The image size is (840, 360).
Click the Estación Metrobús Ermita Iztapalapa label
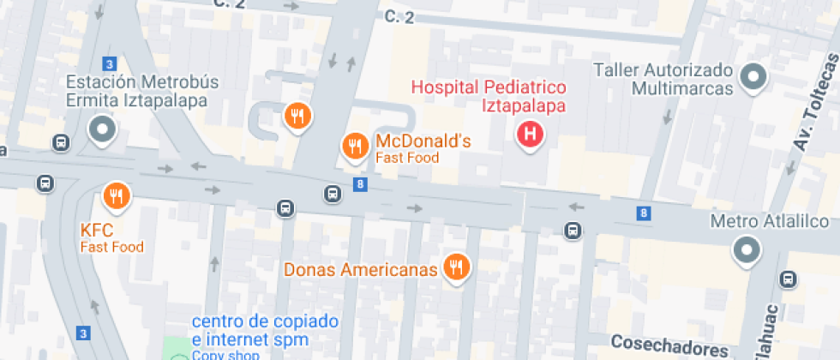tap(143, 91)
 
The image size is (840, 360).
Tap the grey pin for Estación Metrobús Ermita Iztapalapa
tap(103, 130)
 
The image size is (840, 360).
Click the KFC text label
tap(97, 231)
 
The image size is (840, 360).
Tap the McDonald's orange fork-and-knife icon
tap(355, 147)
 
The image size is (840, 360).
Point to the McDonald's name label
tap(423, 141)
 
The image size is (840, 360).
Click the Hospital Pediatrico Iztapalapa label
tap(489, 97)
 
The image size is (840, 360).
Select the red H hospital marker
tap(531, 135)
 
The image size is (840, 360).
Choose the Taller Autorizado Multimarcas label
tap(664, 79)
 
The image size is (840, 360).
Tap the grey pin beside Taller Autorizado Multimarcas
tap(754, 76)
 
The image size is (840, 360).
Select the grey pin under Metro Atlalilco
tap(746, 250)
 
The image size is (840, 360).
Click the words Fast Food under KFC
tap(112, 247)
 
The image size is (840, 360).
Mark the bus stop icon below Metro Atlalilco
tap(787, 279)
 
